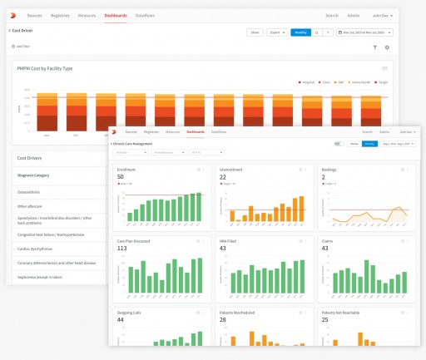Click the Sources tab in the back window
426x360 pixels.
(57, 15)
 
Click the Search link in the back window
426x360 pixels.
(332, 15)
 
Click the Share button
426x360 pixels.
(255, 32)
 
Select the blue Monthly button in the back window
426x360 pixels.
(300, 32)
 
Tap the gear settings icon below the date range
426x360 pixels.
(387, 47)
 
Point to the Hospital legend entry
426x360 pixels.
(309, 81)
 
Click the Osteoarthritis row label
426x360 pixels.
(31, 191)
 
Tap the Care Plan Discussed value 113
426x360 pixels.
(122, 248)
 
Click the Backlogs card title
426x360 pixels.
(329, 169)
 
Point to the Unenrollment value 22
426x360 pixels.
(223, 177)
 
